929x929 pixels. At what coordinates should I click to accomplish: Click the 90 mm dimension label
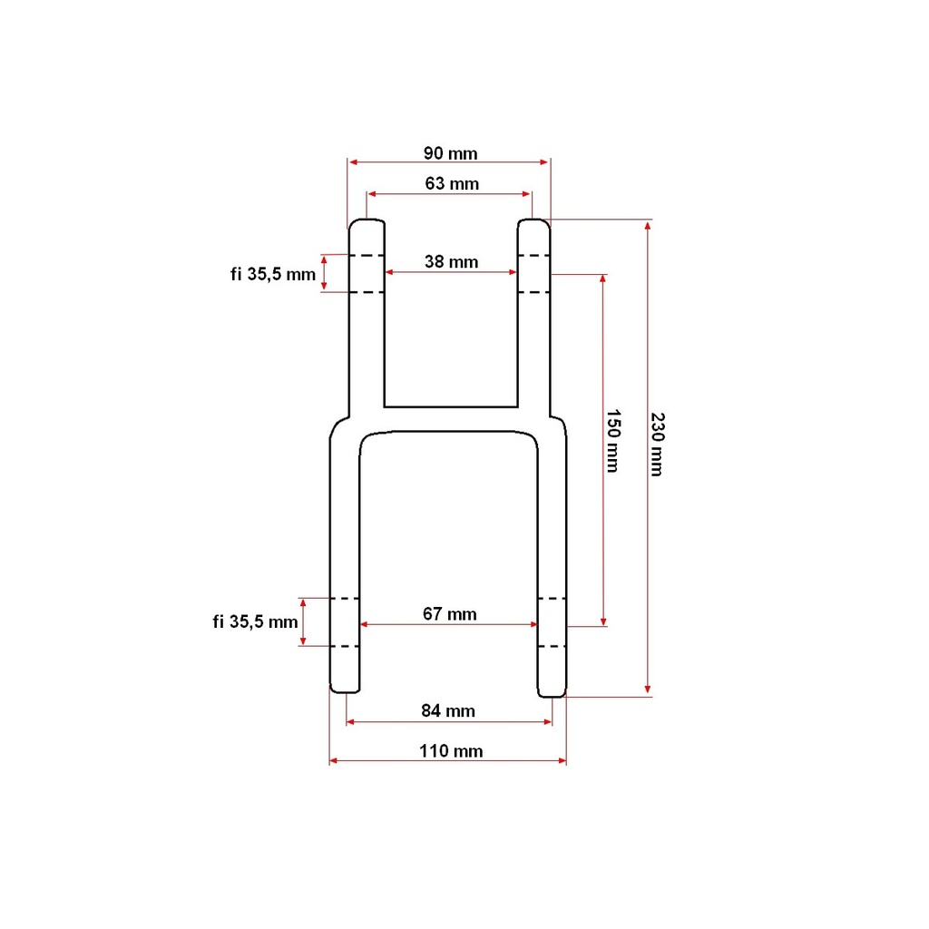coord(450,153)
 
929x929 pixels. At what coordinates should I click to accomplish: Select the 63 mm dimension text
coord(452,183)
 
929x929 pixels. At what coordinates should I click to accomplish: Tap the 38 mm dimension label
coord(451,261)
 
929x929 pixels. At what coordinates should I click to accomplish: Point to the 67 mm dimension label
coord(450,614)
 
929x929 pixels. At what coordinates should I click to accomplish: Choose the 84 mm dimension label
coord(448,710)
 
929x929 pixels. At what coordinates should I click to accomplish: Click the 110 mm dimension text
coord(451,750)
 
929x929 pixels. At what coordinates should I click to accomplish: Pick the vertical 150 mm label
coord(612,441)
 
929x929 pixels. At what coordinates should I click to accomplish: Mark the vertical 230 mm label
coord(657,445)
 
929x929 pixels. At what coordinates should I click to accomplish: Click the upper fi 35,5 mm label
coord(272,274)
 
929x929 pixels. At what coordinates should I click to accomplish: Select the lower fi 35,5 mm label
coord(255,621)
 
